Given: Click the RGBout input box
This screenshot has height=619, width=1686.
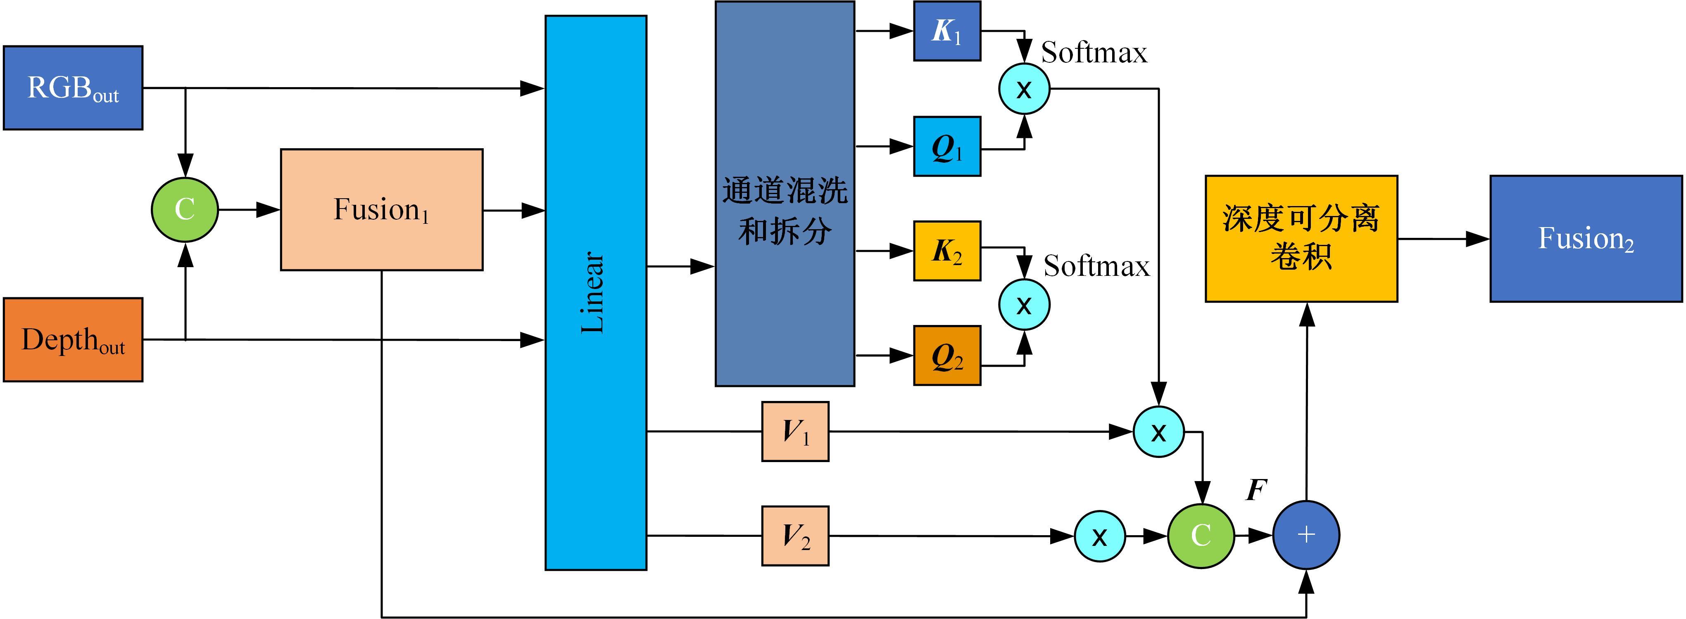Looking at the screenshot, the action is pyautogui.click(x=73, y=88).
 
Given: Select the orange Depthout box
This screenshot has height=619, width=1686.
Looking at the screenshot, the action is pyautogui.click(x=73, y=339).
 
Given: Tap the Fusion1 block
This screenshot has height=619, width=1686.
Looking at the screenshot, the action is pyautogui.click(x=382, y=209).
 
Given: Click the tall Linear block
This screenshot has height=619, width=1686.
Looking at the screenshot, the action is pyautogui.click(x=596, y=292).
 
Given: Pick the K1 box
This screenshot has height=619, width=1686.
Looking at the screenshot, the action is pyautogui.click(x=947, y=31).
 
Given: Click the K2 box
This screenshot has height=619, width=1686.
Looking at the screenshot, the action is pyautogui.click(x=947, y=251).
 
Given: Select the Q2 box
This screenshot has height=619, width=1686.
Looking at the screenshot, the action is pyautogui.click(x=947, y=355).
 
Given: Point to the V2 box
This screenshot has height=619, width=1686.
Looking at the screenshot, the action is pyautogui.click(x=795, y=536).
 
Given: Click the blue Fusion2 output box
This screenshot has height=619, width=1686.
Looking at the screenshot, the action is pyautogui.click(x=1586, y=239).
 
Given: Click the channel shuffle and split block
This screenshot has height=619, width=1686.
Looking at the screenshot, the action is pyautogui.click(x=785, y=194).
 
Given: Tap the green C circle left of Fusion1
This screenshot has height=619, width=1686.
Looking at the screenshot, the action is pyautogui.click(x=185, y=209).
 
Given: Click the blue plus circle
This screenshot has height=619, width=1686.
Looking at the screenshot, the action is pyautogui.click(x=1306, y=535).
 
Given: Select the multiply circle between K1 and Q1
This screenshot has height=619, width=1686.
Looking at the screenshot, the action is pyautogui.click(x=1024, y=88).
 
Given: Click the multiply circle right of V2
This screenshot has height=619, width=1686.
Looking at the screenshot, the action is pyautogui.click(x=1100, y=536).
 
